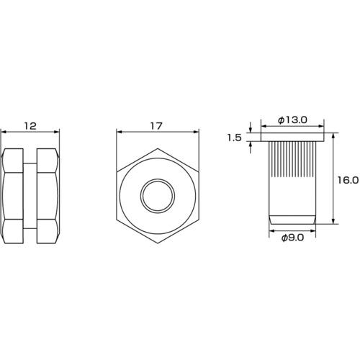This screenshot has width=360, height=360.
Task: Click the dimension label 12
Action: tap(30, 126)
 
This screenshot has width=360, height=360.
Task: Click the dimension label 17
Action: tap(156, 126)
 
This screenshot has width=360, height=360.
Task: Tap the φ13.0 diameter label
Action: tap(292, 120)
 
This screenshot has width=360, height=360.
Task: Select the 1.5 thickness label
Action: tap(234, 138)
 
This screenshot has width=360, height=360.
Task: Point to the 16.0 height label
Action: tap(348, 180)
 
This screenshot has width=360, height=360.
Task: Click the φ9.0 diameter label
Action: tap(292, 238)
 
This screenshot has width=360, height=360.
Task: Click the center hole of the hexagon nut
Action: tap(158, 196)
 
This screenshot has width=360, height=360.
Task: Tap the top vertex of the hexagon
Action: tap(158, 148)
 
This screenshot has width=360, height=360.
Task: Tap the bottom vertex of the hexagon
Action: tap(158, 243)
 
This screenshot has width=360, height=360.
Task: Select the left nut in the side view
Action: tap(12, 196)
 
